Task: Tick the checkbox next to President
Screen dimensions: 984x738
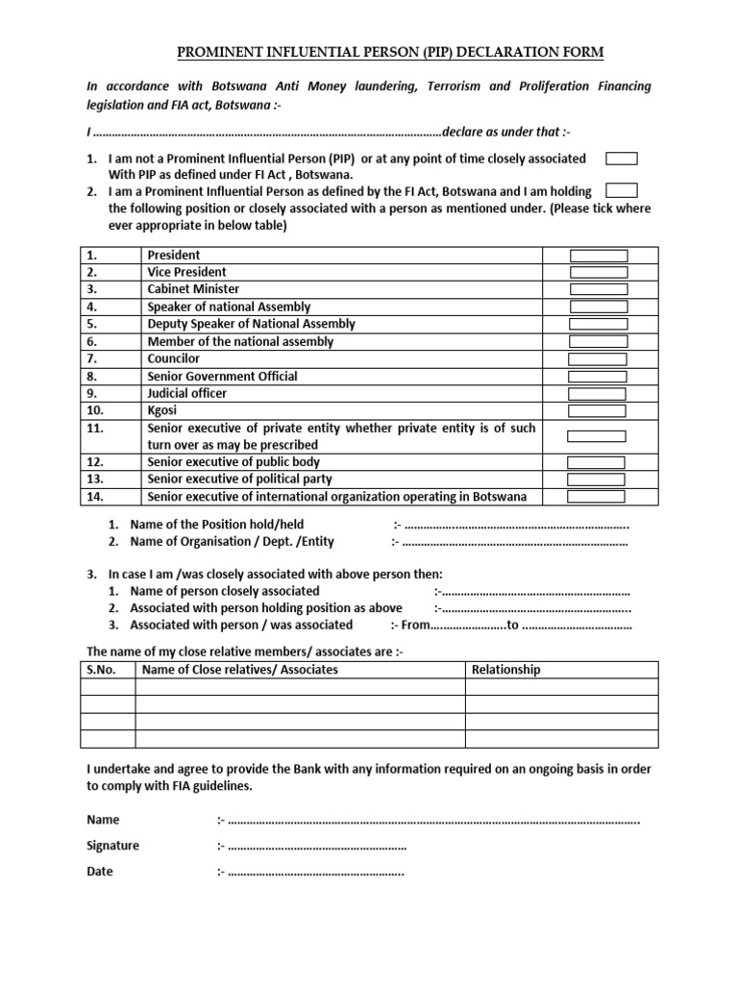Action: pos(598,256)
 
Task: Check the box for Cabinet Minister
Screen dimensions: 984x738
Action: pos(598,289)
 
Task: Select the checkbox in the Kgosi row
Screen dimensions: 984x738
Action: pos(598,410)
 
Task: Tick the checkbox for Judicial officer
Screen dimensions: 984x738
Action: pos(598,394)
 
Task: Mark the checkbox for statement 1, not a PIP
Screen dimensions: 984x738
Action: pos(622,159)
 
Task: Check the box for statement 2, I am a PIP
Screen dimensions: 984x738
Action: pos(622,191)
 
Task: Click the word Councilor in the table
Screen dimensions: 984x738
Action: pos(174,358)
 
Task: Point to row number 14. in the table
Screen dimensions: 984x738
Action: pos(94,497)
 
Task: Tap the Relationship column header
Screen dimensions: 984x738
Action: pos(506,670)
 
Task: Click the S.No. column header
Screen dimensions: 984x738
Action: pos(101,670)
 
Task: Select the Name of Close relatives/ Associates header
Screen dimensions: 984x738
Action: pos(240,670)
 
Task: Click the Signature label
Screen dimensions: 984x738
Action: pos(112,846)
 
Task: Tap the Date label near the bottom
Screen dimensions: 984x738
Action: pos(100,872)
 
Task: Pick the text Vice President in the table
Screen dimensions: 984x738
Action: pos(187,272)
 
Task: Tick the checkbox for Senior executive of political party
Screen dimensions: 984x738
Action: pos(598,480)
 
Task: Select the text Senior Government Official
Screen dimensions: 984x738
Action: pos(222,376)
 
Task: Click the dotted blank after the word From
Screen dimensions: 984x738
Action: pos(467,626)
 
